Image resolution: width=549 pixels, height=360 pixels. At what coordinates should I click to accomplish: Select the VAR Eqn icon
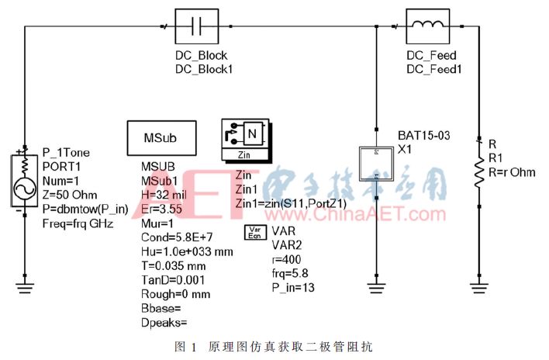click(255, 234)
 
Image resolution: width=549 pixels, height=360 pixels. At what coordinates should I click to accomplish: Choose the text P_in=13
click(293, 288)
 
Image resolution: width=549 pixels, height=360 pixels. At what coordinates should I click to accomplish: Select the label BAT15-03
click(423, 137)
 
